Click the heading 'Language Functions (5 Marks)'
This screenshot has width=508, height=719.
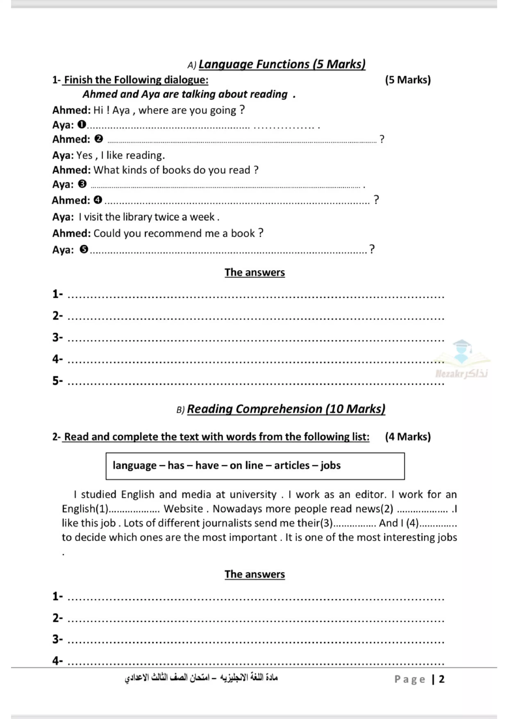click(282, 64)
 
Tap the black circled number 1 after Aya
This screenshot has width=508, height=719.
click(82, 124)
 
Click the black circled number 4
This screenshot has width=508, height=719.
click(98, 199)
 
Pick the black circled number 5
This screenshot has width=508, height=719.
click(84, 249)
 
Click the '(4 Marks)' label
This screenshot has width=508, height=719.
click(408, 437)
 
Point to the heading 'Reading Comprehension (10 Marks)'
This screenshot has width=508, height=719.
click(286, 409)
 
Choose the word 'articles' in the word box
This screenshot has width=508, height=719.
click(292, 465)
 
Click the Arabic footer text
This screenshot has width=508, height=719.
click(201, 678)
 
